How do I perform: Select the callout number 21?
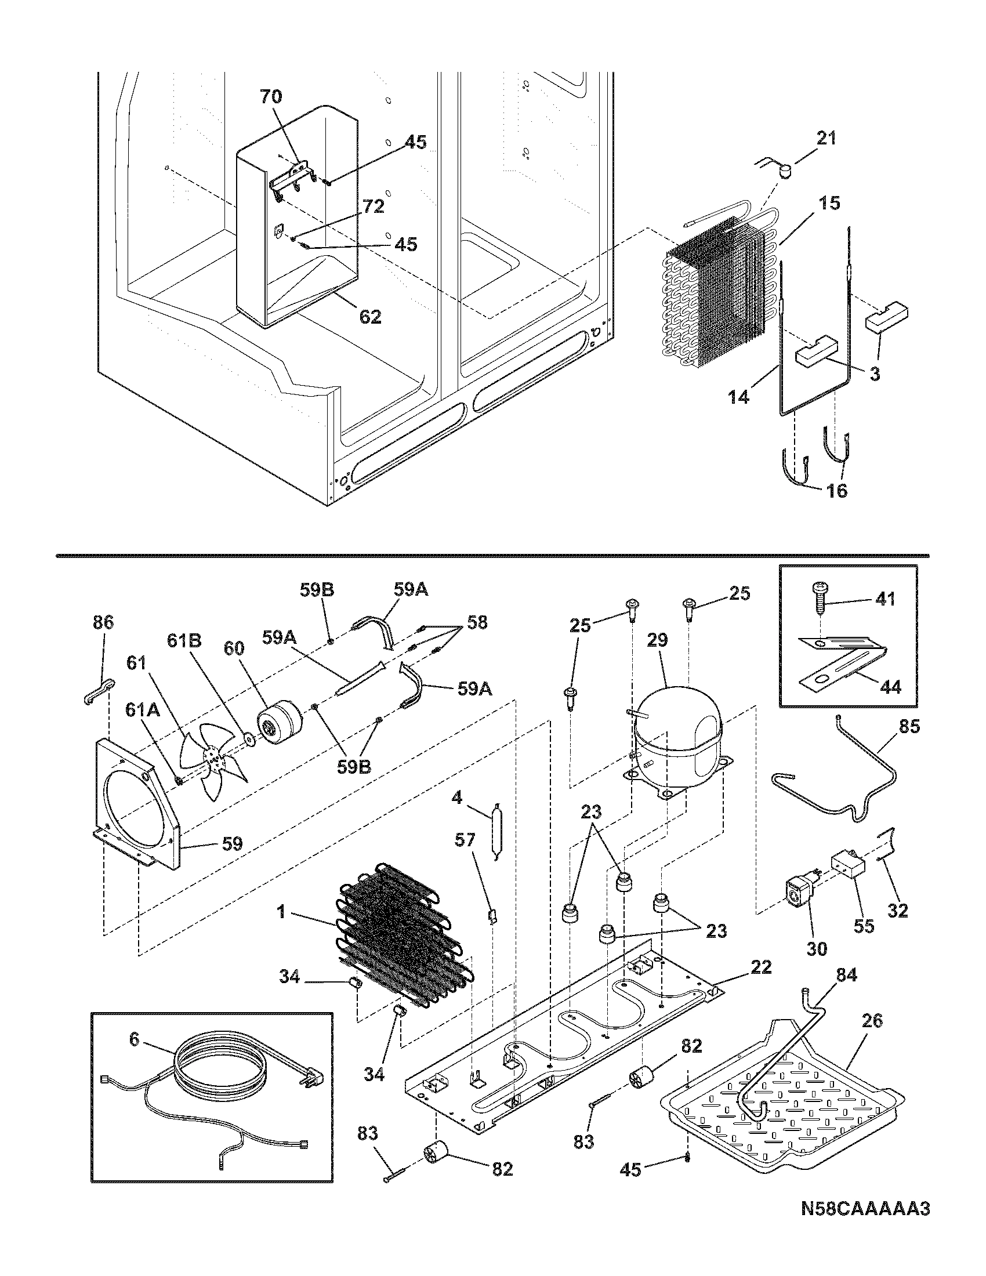pos(825,138)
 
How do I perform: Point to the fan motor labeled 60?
pos(277,723)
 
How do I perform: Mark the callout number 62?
pos(370,316)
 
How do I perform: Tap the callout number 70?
pos(270,96)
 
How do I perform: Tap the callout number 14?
pos(739,398)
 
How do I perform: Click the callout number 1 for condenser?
pos(281,911)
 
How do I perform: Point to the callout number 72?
pos(374,206)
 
